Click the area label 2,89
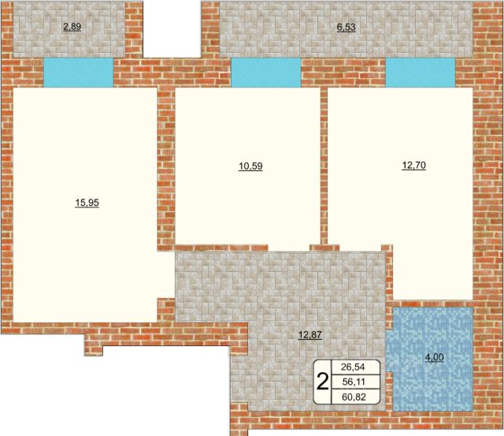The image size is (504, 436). coord(72,27)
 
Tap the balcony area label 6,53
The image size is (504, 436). coord(346,27)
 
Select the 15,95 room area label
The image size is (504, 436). coord(87,203)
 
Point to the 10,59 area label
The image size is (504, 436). coord(250,166)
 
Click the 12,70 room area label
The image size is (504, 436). coord(414,166)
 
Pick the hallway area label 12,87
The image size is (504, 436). coord(310,335)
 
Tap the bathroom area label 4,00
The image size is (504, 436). coord(435,357)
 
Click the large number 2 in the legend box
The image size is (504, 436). coord(323,382)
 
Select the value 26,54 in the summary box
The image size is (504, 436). coord(354,367)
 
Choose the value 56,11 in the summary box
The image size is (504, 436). coord(354,382)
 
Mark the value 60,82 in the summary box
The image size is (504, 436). coord(354,397)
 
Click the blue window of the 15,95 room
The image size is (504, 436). coord(79,73)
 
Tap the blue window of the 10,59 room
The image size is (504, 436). coord(266,73)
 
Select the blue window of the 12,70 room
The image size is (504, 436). coord(421,73)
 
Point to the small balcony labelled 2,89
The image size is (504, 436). coord(69,30)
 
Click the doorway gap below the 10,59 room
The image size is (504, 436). coord(289,248)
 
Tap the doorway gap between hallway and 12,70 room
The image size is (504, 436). coord(361,248)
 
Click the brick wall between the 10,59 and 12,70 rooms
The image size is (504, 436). coord(324,166)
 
